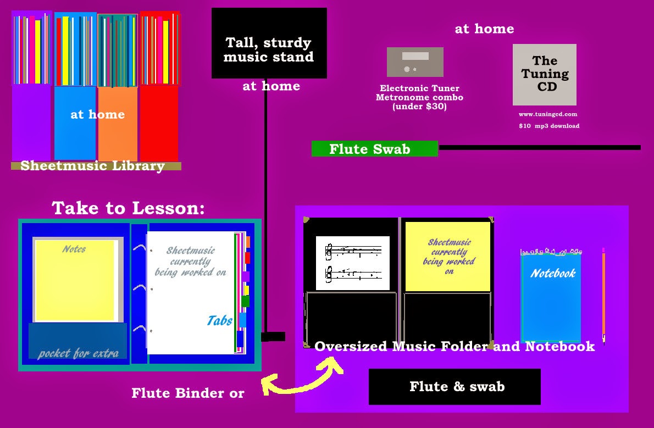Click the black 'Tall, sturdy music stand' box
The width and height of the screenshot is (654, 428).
coord(269,43)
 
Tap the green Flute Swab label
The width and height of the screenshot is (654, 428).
coord(374,149)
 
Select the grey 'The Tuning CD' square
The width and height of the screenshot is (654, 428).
coord(544,74)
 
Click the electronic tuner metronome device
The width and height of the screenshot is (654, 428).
coord(415,62)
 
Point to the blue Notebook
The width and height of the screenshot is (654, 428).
coord(551,297)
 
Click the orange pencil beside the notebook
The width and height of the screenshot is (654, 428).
coord(603,294)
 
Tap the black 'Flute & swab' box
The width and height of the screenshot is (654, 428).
coord(455,386)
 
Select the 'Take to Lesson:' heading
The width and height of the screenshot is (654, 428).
coord(128,208)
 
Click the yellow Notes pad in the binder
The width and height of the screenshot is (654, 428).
coord(75,280)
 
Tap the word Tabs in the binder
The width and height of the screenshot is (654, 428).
coord(219,320)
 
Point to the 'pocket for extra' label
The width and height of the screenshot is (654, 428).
coord(78,353)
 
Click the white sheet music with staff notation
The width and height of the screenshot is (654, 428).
coord(353,263)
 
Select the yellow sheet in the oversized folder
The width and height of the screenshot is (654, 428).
coord(447,257)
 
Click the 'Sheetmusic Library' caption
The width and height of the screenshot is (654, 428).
coord(92,165)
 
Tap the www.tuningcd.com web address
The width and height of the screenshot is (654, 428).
coord(547,114)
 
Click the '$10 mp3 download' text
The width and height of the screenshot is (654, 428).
coord(548,126)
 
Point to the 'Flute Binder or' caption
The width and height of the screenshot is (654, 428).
coord(187,393)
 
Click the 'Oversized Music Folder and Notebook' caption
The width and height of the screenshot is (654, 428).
coord(455,346)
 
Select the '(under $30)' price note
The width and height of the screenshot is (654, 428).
coord(419,107)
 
